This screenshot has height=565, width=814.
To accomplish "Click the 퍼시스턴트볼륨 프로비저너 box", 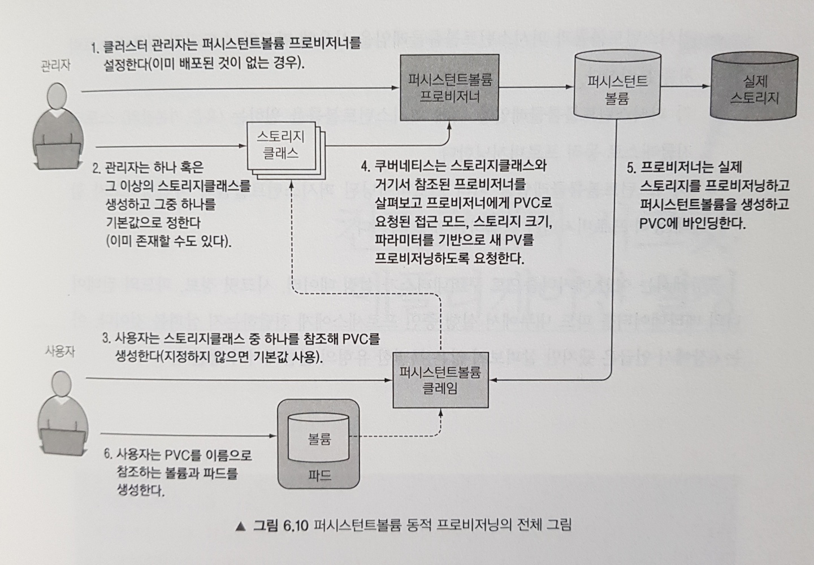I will pos(449,87).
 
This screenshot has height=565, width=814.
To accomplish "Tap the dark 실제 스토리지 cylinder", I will pos(754,89).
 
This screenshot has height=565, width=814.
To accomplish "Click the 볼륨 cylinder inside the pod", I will pos(319,438).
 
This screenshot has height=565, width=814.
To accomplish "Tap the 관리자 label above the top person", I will pos(55,65).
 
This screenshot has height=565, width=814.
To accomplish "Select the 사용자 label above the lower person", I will pos(59,351).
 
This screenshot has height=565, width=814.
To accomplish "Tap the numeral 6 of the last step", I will pos(107,454).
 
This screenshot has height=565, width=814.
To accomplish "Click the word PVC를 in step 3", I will pos(361,339).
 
